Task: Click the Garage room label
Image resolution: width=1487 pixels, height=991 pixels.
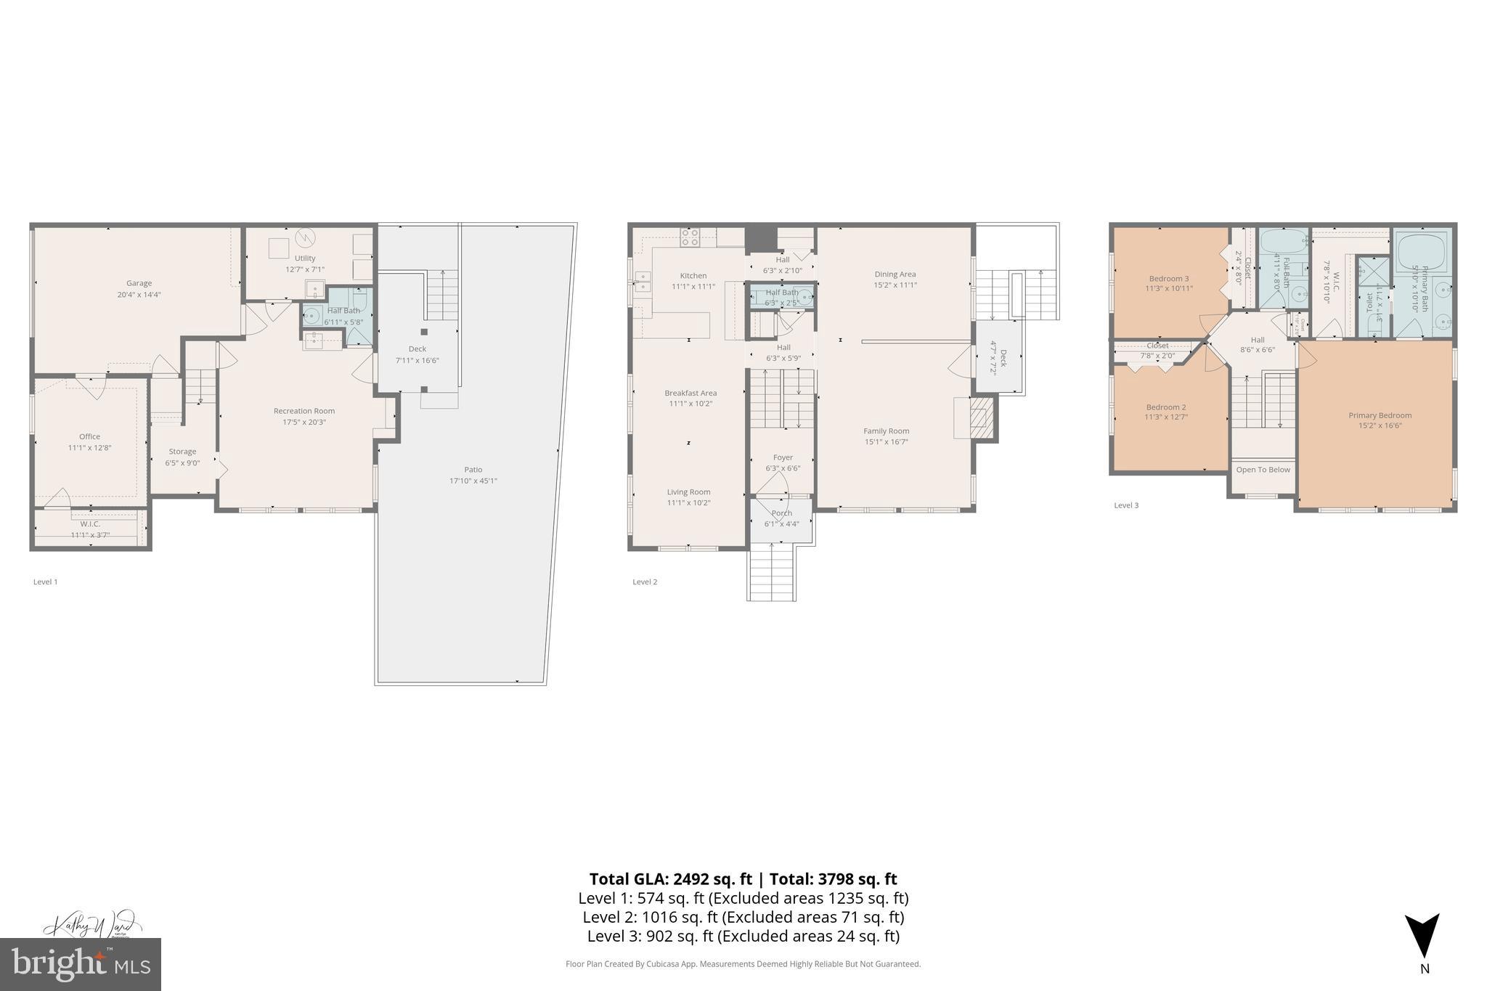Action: (139, 283)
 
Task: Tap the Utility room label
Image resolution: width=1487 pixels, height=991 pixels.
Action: (305, 258)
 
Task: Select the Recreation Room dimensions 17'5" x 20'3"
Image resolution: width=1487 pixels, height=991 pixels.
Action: (303, 422)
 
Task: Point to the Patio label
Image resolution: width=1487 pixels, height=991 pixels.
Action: (473, 469)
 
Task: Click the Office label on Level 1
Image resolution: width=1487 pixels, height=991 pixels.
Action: (89, 436)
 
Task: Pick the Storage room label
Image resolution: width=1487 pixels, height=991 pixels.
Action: (182, 452)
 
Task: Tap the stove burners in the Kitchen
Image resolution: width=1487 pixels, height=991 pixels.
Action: (689, 237)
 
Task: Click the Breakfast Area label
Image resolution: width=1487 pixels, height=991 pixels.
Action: (690, 393)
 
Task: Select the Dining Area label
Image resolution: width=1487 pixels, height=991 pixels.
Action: (895, 274)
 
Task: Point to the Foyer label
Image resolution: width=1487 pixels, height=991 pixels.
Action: (783, 457)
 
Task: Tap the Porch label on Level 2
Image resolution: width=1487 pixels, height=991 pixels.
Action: (781, 513)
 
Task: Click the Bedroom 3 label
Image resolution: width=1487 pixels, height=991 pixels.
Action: (1168, 278)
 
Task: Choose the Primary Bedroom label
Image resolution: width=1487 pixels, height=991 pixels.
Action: (1380, 415)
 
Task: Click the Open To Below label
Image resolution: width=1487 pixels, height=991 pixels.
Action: (1263, 470)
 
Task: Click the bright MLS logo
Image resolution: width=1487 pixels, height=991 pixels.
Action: (81, 964)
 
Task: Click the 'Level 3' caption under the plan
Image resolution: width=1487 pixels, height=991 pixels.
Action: (1126, 505)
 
